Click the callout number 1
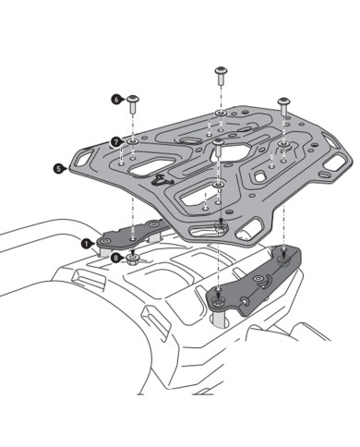point(85,245)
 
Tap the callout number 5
point(58,169)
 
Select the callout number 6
point(117,97)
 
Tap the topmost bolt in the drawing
point(221,72)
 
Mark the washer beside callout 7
point(134,141)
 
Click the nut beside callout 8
point(135,260)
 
